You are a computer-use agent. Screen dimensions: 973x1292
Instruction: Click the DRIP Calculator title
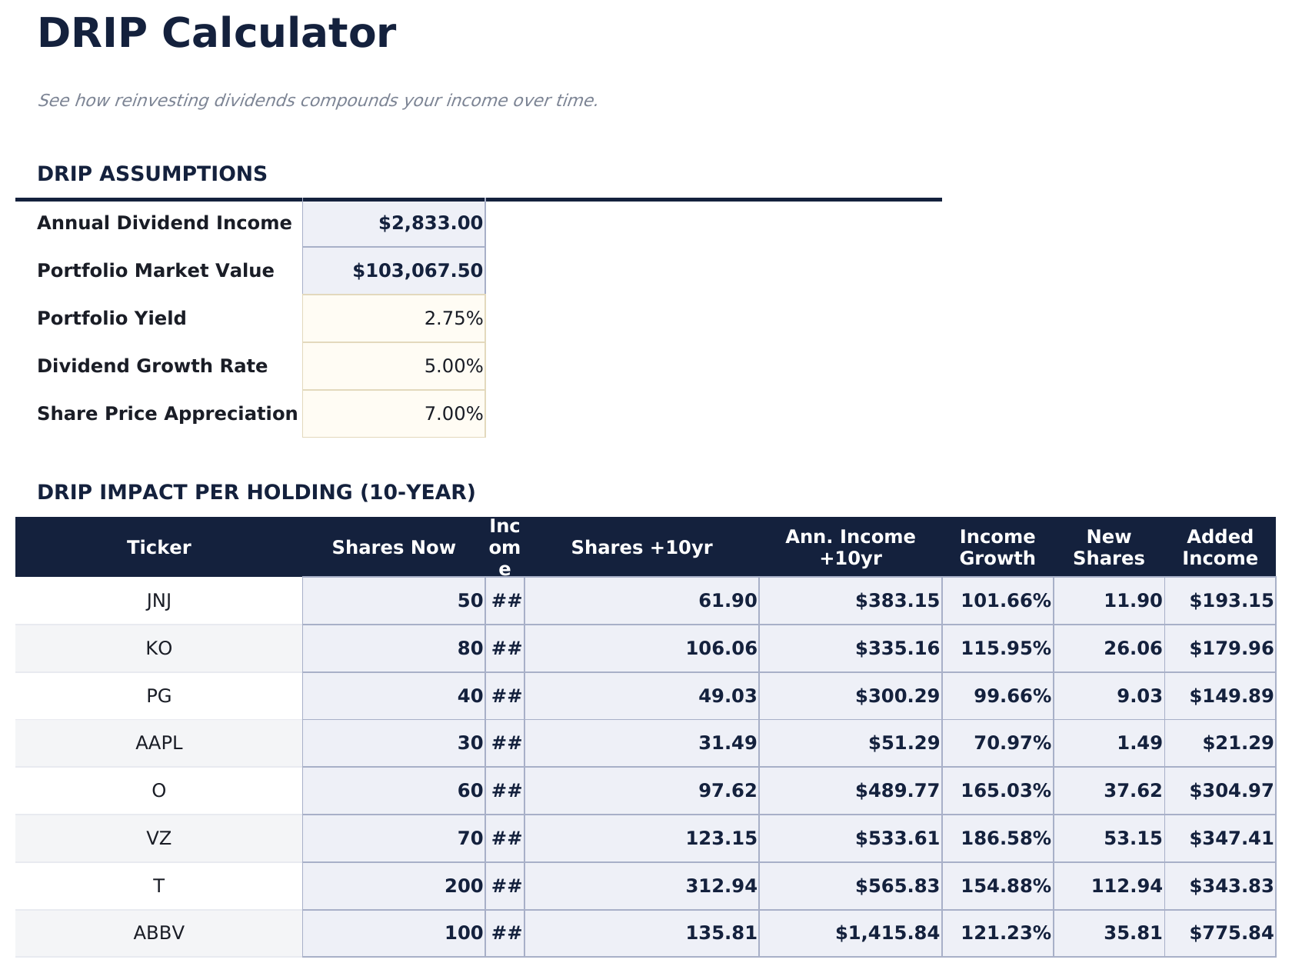click(216, 35)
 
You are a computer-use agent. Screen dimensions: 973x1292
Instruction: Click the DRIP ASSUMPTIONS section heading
click(152, 174)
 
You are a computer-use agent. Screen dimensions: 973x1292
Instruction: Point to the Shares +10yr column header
click(641, 548)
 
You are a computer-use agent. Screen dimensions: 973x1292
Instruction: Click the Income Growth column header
click(997, 548)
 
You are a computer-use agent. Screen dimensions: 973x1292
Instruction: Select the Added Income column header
click(1220, 548)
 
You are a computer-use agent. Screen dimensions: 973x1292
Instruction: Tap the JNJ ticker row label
click(158, 601)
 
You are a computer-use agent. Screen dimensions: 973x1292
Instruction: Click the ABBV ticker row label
click(158, 933)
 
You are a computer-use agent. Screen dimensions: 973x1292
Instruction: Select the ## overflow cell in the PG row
click(505, 696)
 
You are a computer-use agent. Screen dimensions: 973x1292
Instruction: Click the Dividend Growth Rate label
click(152, 366)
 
